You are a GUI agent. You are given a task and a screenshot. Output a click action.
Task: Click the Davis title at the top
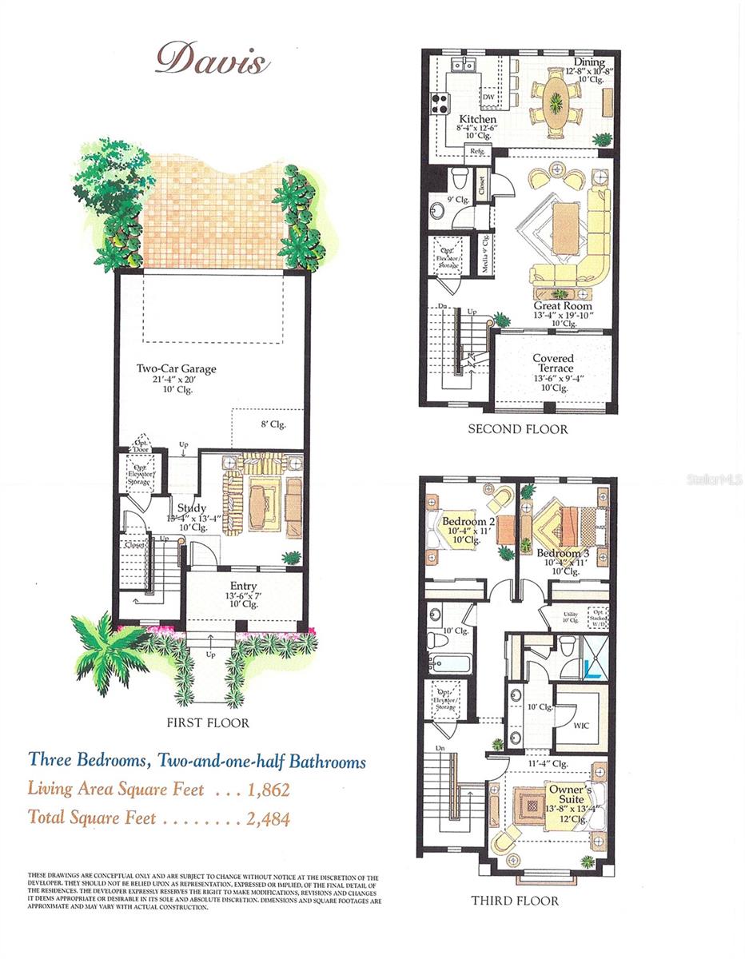pos(212,58)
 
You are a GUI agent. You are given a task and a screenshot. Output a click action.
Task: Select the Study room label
pos(192,508)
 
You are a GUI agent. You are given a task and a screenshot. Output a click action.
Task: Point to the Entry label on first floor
pos(244,585)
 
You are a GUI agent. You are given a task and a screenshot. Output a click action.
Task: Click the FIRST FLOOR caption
pos(208,723)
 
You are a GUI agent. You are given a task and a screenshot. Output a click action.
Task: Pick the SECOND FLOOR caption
pos(518,429)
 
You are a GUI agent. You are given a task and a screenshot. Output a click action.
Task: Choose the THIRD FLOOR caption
pos(515,901)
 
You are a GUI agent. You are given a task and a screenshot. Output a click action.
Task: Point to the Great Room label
pos(563,305)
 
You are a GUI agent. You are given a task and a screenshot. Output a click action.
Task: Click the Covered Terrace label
pos(554,364)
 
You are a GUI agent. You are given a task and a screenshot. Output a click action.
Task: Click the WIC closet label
pos(581,726)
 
